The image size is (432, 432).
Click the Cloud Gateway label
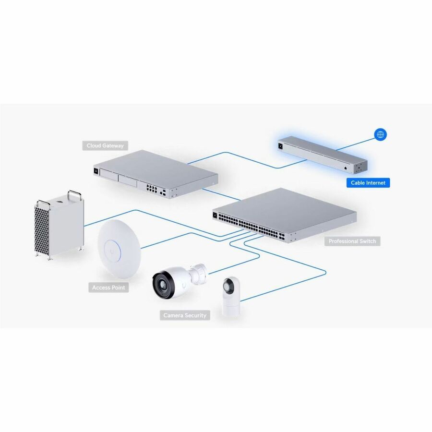tap(105, 145)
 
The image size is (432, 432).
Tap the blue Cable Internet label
tap(368, 183)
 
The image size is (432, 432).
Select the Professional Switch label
tap(352, 241)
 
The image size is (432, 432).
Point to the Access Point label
tap(108, 288)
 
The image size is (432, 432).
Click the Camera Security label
tap(185, 315)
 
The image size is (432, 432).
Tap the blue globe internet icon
tap(381, 135)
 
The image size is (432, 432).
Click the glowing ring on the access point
tap(115, 249)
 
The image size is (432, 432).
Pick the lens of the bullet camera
tap(161, 283)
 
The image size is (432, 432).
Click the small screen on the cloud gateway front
tap(97, 170)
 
